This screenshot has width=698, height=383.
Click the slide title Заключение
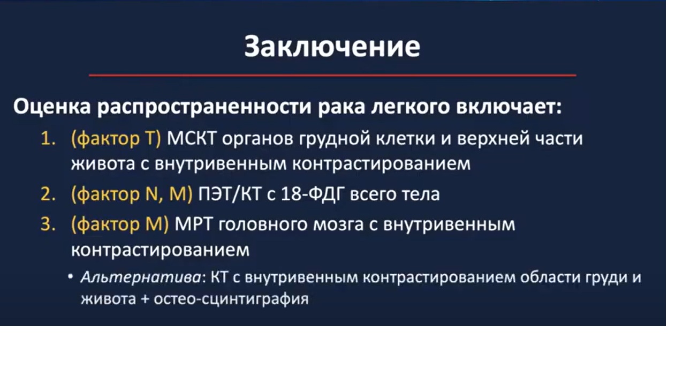pos(332,47)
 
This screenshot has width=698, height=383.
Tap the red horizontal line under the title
pos(332,75)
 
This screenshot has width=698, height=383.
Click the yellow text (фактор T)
pos(116,139)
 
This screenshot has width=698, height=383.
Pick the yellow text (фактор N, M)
pos(131,194)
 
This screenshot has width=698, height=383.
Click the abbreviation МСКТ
pos(192,139)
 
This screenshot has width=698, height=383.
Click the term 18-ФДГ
pos(311,194)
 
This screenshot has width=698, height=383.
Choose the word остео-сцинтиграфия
pos(231,298)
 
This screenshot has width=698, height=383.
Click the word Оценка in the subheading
pos(50,107)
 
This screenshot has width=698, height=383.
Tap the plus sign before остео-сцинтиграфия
pos(145,298)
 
